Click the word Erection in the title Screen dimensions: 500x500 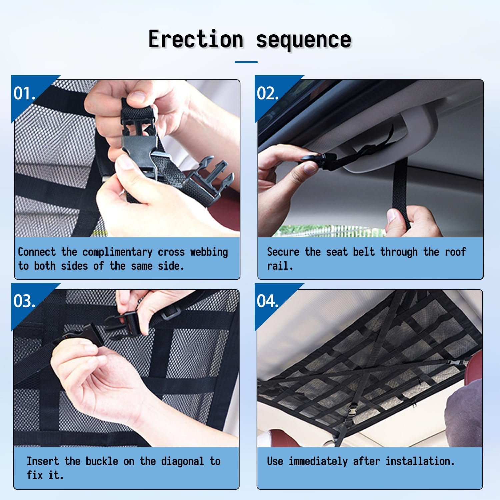tap(196, 39)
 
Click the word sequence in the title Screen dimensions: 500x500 tap(304, 40)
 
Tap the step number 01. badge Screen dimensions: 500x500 tap(24, 93)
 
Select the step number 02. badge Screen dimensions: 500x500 tap(268, 93)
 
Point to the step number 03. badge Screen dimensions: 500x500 tap(24, 301)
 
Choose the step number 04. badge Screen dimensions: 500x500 tap(268, 301)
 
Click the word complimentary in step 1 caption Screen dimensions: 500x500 tap(117, 252)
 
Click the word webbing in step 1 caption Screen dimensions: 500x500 tap(209, 252)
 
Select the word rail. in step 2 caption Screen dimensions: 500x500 tap(280, 266)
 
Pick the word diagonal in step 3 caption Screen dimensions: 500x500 tap(182, 462)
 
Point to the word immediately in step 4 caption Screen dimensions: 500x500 tap(318, 462)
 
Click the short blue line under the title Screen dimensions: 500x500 tap(246, 62)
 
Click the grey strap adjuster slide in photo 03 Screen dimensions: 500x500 tap(172, 313)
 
